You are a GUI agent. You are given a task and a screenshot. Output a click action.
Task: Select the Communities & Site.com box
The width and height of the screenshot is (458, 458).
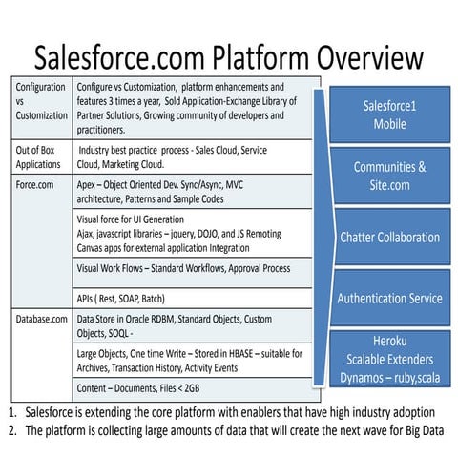coord(389,175)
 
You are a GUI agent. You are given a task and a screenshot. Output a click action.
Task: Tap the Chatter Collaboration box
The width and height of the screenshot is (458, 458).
coord(389,237)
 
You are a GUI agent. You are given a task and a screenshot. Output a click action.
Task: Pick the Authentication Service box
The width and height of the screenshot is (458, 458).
coord(389,298)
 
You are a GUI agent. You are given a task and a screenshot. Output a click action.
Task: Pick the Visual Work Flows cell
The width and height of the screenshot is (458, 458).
coord(183,268)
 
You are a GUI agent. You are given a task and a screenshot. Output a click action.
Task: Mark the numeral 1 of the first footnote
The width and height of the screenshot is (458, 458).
coord(10,413)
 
